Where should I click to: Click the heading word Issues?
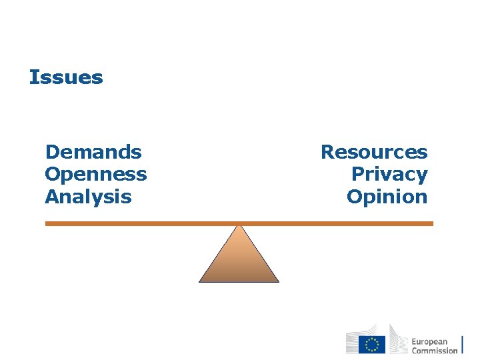click(66, 77)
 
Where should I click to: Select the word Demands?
click(93, 152)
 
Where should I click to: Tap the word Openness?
click(96, 175)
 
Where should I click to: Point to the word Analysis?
click(88, 197)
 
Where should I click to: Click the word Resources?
click(374, 152)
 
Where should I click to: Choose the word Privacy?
click(389, 175)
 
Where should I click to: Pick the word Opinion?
click(387, 197)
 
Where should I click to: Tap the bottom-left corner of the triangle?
click(200, 281)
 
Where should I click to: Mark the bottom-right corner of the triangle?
click(278, 281)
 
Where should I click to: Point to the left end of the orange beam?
click(47, 224)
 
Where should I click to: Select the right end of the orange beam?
click(432, 224)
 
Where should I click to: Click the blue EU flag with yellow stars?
click(372, 344)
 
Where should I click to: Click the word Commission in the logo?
click(435, 350)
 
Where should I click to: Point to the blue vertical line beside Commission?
click(463, 342)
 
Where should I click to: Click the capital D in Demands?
click(51, 152)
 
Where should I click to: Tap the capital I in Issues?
click(33, 77)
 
